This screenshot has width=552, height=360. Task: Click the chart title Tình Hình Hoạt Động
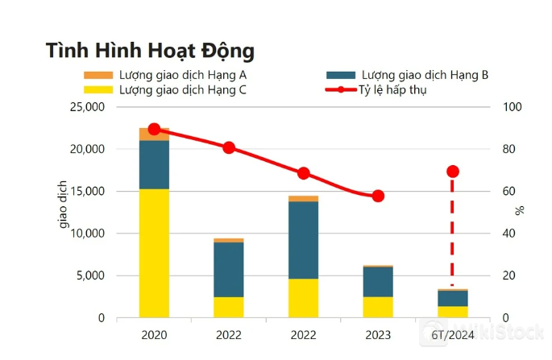tap(151, 50)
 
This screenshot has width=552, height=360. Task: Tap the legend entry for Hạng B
tap(408, 75)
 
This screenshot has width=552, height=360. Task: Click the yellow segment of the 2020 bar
tap(154, 253)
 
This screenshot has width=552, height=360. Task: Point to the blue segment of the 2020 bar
tap(154, 164)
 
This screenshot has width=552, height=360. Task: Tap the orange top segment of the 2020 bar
tap(154, 134)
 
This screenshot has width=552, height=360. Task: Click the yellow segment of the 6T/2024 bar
tap(453, 312)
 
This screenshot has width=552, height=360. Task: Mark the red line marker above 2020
tap(154, 130)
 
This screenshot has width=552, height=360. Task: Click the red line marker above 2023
tap(378, 196)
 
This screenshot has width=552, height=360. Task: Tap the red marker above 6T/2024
tap(453, 172)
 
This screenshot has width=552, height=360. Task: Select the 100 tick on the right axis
tap(513, 107)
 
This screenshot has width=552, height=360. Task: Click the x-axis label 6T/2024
tap(453, 334)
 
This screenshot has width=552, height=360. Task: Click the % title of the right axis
tap(520, 210)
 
